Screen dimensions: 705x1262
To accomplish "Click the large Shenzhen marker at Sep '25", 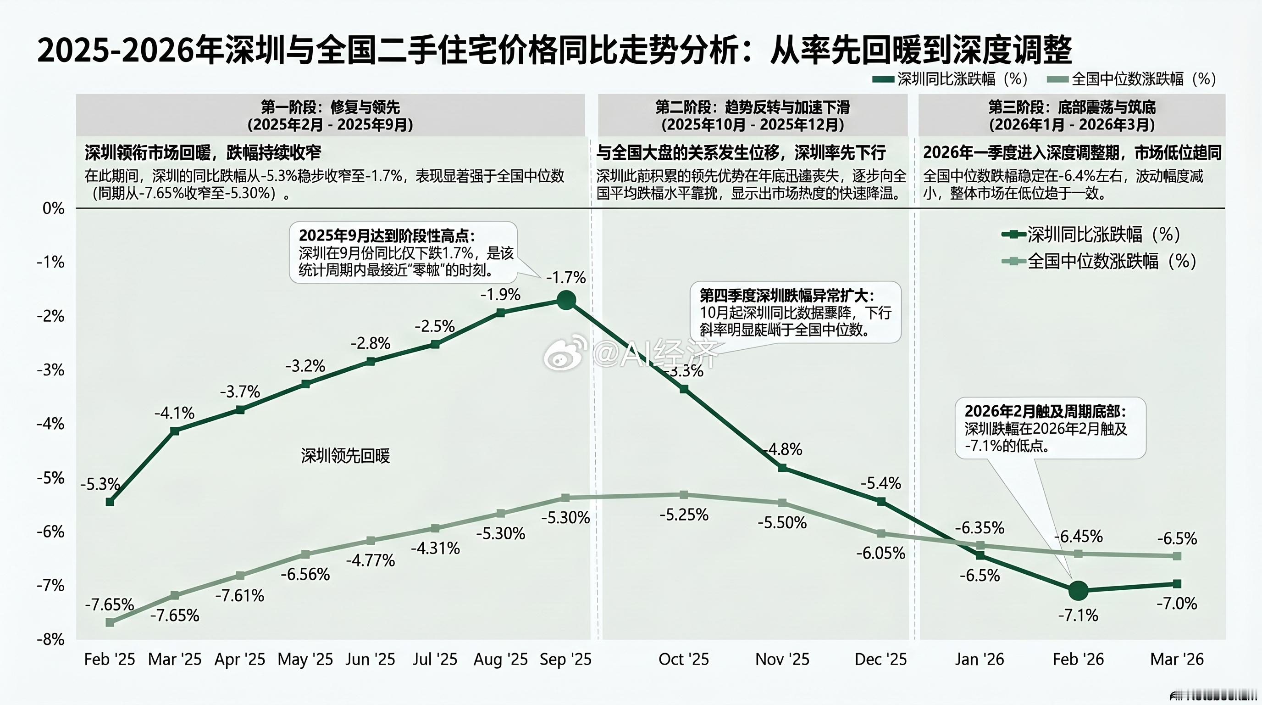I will point(566,300).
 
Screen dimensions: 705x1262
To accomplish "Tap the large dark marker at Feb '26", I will point(1078,591).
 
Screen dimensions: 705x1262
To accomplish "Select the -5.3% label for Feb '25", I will point(100,484).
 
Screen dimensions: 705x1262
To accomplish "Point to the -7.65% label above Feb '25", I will point(109,604).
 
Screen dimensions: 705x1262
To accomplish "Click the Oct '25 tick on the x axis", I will point(683,660).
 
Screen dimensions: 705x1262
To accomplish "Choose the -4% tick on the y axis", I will point(50,424).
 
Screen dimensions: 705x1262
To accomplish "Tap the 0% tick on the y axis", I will point(53,208).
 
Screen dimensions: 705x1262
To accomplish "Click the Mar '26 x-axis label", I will point(1176,660).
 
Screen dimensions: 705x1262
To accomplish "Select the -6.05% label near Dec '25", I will point(880,554).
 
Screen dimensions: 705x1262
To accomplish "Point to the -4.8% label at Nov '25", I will point(783,449).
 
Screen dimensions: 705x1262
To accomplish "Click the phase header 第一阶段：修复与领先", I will point(330,107).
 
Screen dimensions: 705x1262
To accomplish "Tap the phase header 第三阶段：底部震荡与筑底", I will point(1071,107).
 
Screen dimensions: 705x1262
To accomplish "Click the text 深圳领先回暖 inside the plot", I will point(345,456).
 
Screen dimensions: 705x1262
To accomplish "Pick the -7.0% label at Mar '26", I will point(1176,604).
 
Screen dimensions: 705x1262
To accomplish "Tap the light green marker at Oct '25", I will point(684,495).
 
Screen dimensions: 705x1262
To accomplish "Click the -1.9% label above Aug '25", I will point(500,295).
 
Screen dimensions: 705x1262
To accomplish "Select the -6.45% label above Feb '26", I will point(1078,537).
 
